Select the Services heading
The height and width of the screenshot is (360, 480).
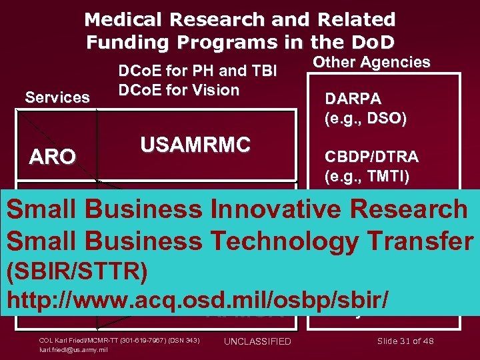(57, 97)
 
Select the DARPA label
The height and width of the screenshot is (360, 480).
(353, 99)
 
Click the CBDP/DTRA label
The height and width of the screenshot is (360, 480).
(371, 157)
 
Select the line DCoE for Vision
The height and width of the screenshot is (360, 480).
(178, 90)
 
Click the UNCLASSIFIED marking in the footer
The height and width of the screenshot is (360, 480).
(257, 341)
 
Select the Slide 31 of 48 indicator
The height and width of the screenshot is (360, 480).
(405, 341)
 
